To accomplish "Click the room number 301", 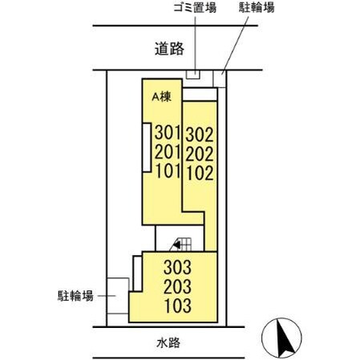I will [166, 132].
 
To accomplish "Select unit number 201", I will [166, 152].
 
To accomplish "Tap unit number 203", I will [179, 286].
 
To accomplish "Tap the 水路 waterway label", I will [168, 343].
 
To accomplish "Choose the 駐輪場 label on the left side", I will [74, 295].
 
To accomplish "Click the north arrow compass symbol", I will [282, 339].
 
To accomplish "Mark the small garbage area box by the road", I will [192, 75].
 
